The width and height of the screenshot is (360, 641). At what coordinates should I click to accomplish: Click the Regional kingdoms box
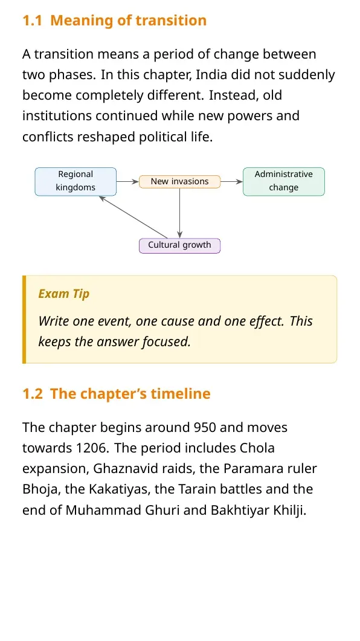[76, 181]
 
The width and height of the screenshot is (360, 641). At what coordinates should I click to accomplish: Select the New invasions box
[180, 181]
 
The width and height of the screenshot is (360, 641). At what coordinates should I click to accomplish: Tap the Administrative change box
[284, 181]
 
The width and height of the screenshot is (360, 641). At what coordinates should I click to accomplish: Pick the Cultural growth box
[180, 246]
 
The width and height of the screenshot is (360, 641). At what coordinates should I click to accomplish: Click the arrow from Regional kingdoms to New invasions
[127, 181]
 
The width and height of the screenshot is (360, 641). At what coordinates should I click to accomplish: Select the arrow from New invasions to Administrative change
[232, 181]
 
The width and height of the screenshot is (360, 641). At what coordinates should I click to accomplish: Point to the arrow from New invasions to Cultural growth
[180, 213]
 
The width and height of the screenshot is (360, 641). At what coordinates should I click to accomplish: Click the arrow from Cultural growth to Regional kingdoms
[133, 217]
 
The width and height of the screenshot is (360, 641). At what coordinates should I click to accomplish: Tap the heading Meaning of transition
[128, 20]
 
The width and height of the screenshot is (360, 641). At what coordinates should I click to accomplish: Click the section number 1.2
[32, 394]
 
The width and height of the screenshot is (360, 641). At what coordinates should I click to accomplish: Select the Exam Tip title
[64, 294]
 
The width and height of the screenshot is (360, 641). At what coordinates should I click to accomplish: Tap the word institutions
[57, 116]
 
